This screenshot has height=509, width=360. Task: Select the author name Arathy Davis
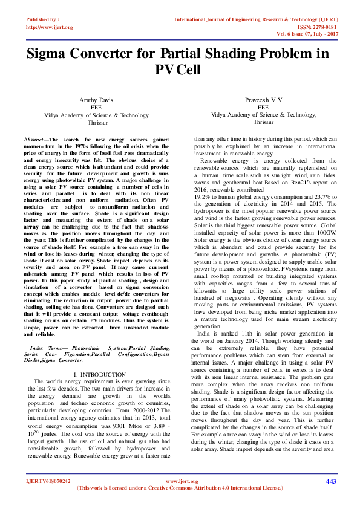pyautogui.click(x=96, y=99)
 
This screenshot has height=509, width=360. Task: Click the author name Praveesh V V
pyautogui.click(x=263, y=99)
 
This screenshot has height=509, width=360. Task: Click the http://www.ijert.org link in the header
pyautogui.click(x=49, y=27)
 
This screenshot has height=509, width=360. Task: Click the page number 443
pyautogui.click(x=330, y=481)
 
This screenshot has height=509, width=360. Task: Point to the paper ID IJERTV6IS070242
pyautogui.click(x=48, y=481)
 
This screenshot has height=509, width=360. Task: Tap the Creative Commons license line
pyautogui.click(x=180, y=487)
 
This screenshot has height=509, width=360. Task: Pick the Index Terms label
pyautogui.click(x=45, y=349)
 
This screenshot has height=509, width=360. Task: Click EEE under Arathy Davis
pyautogui.click(x=96, y=106)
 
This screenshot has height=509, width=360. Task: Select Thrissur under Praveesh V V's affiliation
pyautogui.click(x=263, y=122)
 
